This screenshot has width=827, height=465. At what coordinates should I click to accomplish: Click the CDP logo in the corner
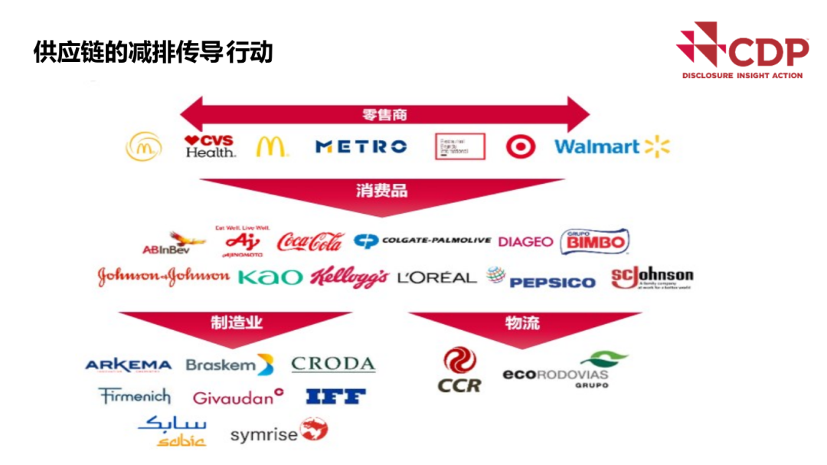click(742, 52)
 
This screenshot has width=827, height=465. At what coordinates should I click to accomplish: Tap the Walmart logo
click(611, 146)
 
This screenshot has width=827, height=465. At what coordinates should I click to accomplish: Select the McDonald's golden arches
click(271, 146)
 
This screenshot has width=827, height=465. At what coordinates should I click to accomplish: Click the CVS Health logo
click(210, 146)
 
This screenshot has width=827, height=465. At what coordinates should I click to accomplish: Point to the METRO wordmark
click(361, 146)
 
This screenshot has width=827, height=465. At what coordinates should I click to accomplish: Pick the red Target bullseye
click(521, 146)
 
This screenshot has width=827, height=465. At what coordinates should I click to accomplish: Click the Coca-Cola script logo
click(310, 242)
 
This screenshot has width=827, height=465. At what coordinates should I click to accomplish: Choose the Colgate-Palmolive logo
click(422, 241)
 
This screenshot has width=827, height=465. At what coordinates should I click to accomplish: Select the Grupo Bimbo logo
click(595, 241)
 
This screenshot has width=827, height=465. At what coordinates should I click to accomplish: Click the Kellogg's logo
click(348, 277)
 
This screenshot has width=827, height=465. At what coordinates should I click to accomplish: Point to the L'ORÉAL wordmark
click(436, 277)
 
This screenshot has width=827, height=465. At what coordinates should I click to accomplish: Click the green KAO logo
click(270, 277)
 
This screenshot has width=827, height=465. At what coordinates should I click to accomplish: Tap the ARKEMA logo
click(128, 365)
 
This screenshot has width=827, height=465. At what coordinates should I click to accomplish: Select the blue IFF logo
click(335, 397)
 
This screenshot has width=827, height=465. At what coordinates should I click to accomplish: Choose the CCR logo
click(459, 371)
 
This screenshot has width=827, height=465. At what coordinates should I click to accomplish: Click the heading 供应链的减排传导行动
click(153, 52)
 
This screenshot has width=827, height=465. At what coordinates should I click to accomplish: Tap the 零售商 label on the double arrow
click(384, 115)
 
